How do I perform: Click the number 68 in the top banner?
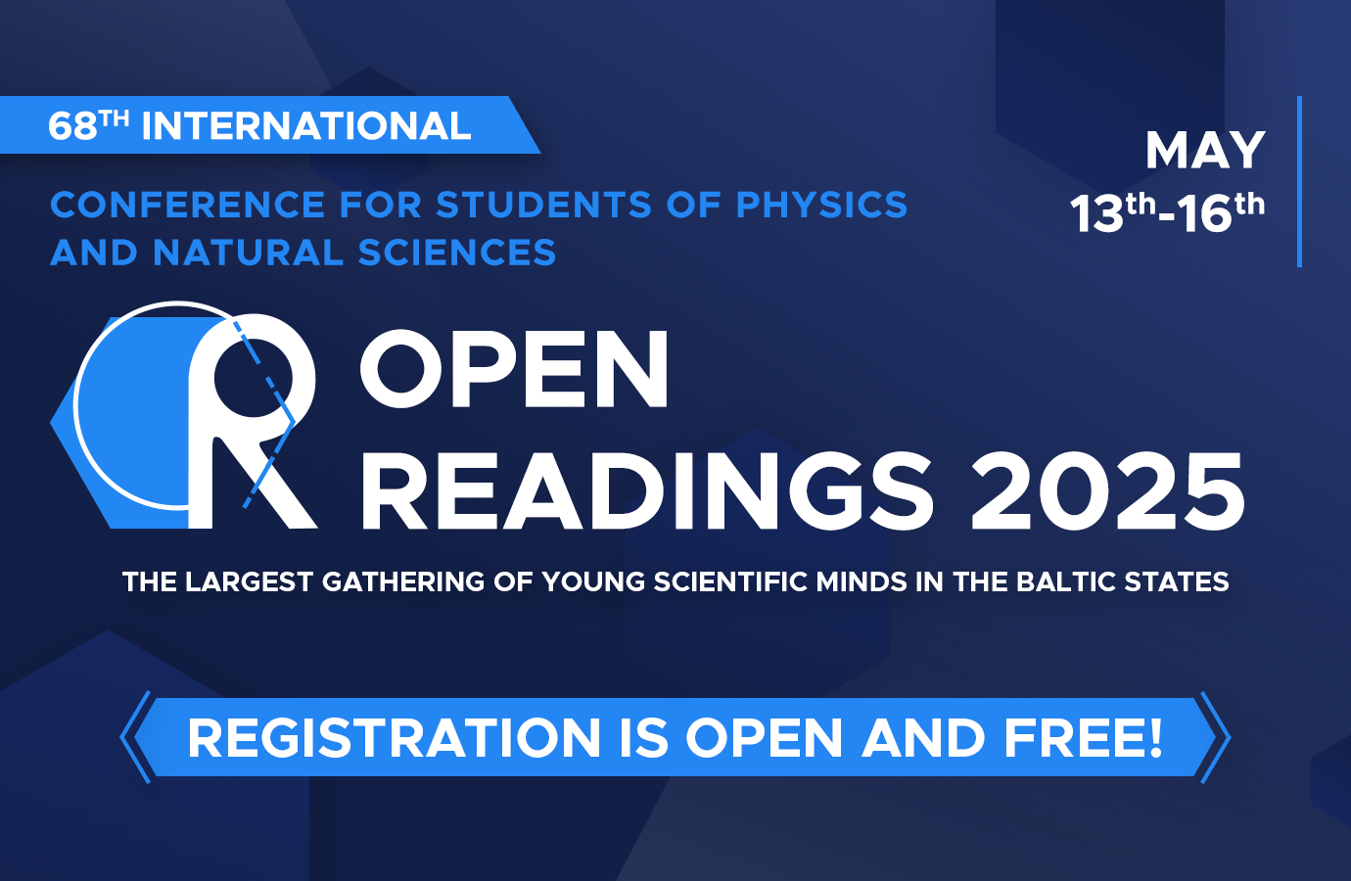pos(72,126)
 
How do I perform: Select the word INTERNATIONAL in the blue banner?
pos(305,126)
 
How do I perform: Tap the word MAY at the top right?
pos(1205,151)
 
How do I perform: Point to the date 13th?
pos(1113,212)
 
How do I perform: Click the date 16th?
pos(1221,212)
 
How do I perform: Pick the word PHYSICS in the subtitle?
pos(821,205)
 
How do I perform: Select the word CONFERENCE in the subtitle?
pos(188,205)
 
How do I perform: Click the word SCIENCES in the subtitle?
pos(456,252)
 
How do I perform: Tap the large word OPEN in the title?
pos(515,368)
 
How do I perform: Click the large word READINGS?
pos(646,490)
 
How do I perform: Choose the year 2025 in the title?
pos(1107,490)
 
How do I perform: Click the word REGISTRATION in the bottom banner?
pos(395,738)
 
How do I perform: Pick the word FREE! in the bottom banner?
pos(1083,738)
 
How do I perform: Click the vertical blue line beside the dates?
pos(1299,181)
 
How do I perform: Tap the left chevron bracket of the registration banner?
pos(134,737)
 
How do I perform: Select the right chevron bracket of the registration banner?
pos(1216,737)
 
